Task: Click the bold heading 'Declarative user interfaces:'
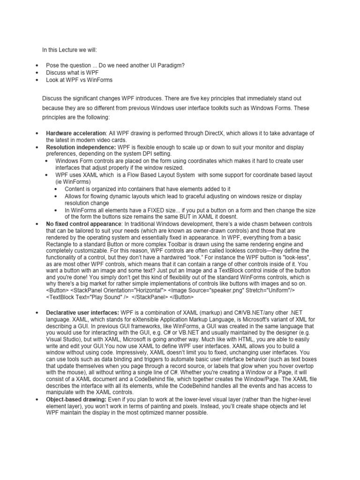click(82, 312)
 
